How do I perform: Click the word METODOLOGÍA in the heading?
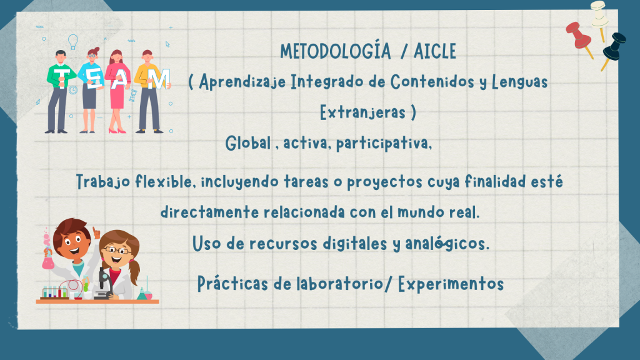(x=335, y=51)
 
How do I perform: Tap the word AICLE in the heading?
(x=435, y=51)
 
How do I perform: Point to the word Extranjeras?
(x=362, y=112)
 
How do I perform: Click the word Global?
(x=248, y=143)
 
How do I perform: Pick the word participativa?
(x=384, y=143)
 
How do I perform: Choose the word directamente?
(x=209, y=212)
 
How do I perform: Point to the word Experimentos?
(x=451, y=284)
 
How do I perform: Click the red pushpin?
(x=579, y=38)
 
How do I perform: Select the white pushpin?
(x=599, y=18)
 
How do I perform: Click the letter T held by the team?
(x=62, y=78)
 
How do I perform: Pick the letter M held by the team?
(x=159, y=79)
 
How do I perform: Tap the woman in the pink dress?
(x=117, y=91)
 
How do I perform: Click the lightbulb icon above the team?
(x=73, y=42)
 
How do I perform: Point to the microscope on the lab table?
(x=104, y=283)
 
